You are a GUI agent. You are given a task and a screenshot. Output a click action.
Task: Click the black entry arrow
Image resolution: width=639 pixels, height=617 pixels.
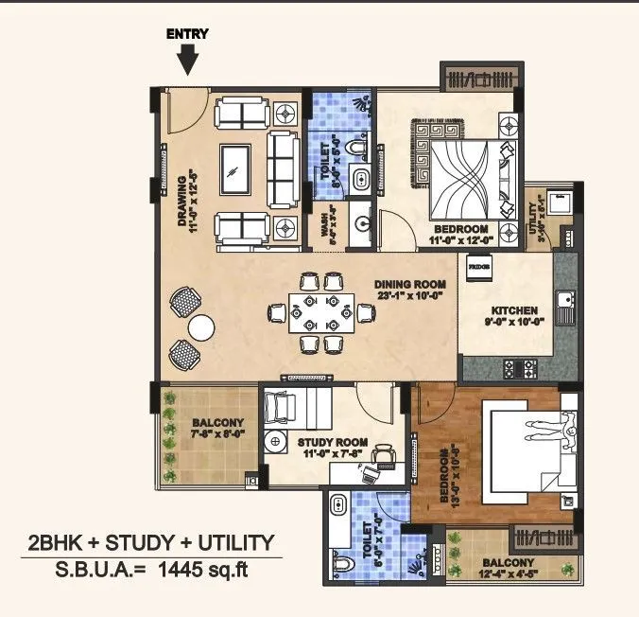coord(188,61)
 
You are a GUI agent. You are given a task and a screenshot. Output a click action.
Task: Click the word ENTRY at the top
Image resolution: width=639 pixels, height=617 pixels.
coord(187,34)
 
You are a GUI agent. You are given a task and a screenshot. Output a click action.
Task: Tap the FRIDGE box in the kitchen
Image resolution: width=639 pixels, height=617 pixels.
coord(476,267)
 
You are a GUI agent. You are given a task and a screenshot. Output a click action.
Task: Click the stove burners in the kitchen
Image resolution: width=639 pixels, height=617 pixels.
coord(520,363)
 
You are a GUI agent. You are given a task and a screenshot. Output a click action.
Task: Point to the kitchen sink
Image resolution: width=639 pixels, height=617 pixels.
coord(564,304)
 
